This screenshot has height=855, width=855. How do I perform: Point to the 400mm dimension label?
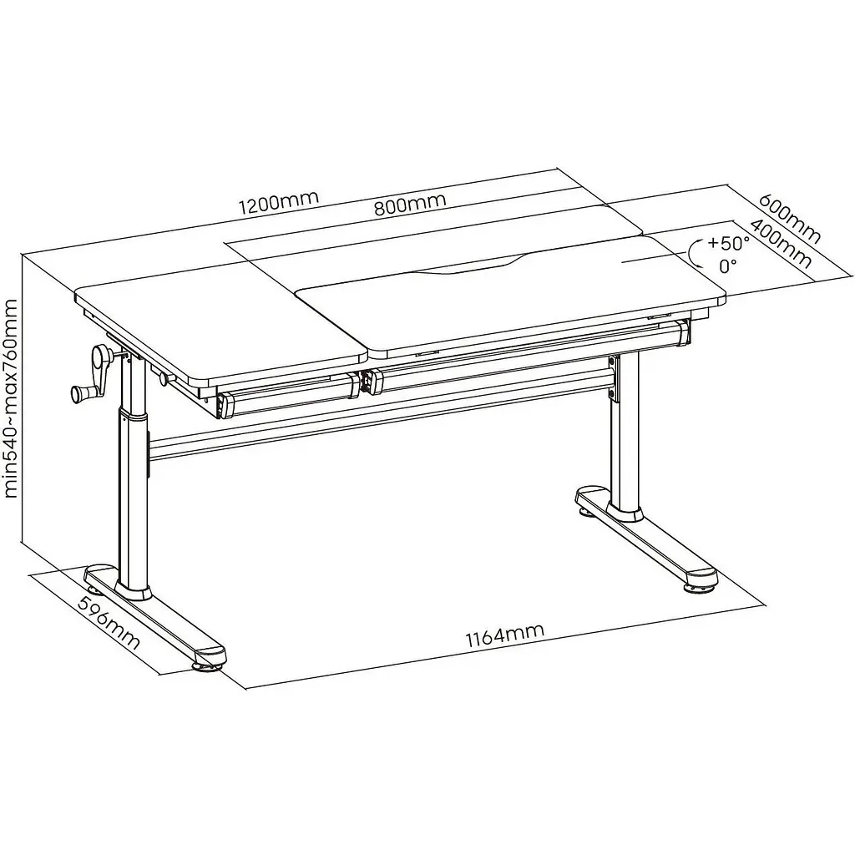(x=781, y=244)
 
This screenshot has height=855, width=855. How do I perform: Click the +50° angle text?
(x=728, y=242)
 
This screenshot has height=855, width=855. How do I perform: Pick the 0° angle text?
(x=728, y=266)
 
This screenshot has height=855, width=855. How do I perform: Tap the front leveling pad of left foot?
(x=208, y=666)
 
